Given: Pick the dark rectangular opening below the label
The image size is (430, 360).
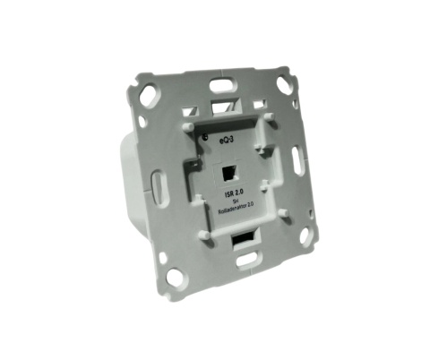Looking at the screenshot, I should (243, 241).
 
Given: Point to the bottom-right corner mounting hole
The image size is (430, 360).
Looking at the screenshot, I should (306, 236).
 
